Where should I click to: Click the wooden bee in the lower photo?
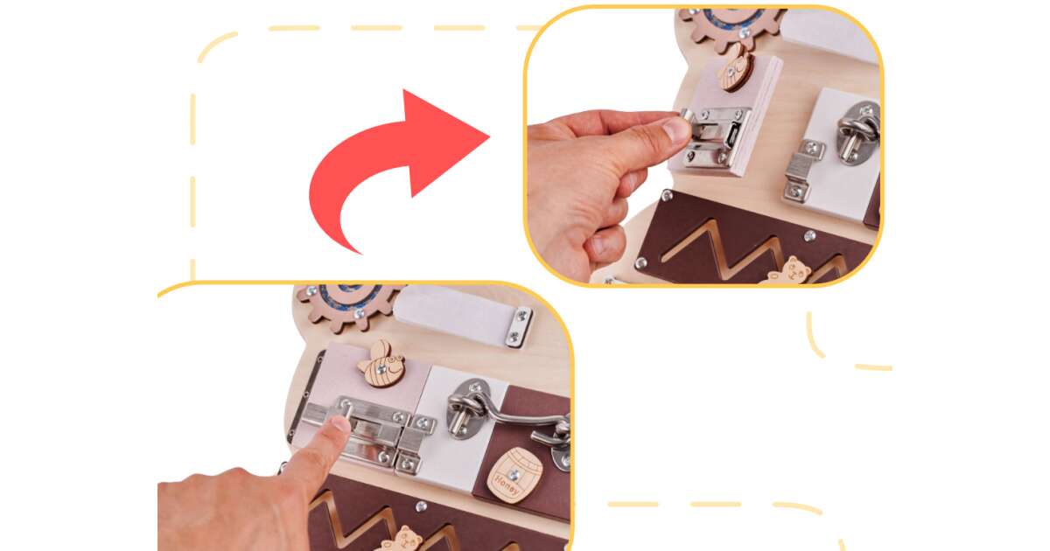point(382,364)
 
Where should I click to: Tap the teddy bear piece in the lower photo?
point(404,539)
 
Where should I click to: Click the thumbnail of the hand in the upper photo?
point(676,129)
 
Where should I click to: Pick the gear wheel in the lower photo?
point(349,303)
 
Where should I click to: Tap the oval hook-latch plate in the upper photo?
point(857,134)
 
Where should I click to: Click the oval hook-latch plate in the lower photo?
point(469,408)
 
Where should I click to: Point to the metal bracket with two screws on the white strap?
point(519,327)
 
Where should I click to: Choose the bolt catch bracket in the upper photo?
point(800,171)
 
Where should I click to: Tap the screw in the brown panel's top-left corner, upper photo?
point(667,194)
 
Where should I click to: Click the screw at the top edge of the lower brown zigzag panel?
point(421,506)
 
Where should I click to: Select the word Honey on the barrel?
point(507,484)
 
